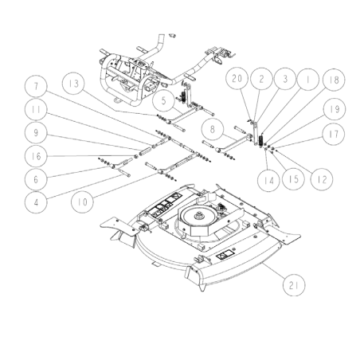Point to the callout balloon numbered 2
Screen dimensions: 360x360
[260, 78]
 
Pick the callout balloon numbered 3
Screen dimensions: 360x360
[283, 78]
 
